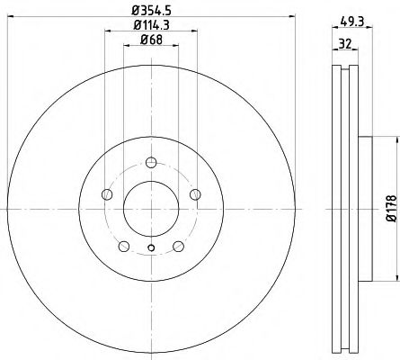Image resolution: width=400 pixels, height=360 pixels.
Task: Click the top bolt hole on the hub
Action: click(x=151, y=162)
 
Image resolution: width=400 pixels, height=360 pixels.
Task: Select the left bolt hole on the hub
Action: click(x=107, y=194)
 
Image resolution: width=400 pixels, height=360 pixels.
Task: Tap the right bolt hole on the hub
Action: click(x=195, y=194)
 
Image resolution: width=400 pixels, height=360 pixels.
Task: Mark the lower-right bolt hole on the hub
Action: click(x=178, y=245)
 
